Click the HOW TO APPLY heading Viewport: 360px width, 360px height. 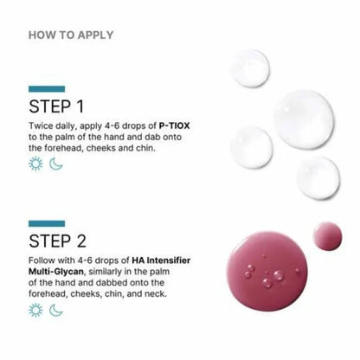(71, 35)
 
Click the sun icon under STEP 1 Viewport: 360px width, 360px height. (35, 163)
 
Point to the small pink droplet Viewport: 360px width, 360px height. (327, 235)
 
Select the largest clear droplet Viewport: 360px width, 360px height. (304, 118)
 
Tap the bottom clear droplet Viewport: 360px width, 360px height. (318, 176)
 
